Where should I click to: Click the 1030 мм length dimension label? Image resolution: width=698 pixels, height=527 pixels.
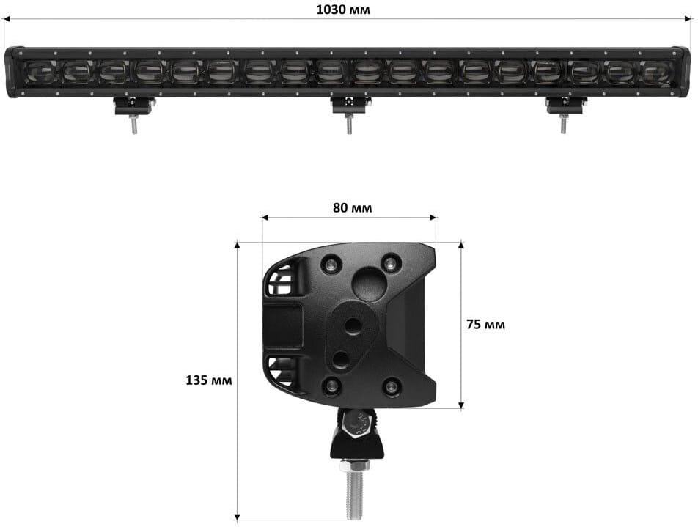pyautogui.click(x=343, y=10)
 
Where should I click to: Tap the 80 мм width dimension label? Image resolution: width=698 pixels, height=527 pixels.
pyautogui.click(x=352, y=208)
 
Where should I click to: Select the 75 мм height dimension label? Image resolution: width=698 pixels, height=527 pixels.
pyautogui.click(x=485, y=325)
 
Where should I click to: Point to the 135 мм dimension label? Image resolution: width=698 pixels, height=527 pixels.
pyautogui.click(x=209, y=380)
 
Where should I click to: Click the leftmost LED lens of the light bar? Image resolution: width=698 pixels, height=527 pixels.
pyautogui.click(x=40, y=71)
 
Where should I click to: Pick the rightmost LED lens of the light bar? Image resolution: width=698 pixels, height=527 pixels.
pyautogui.click(x=656, y=71)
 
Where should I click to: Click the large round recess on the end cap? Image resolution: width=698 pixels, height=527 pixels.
pyautogui.click(x=369, y=284)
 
